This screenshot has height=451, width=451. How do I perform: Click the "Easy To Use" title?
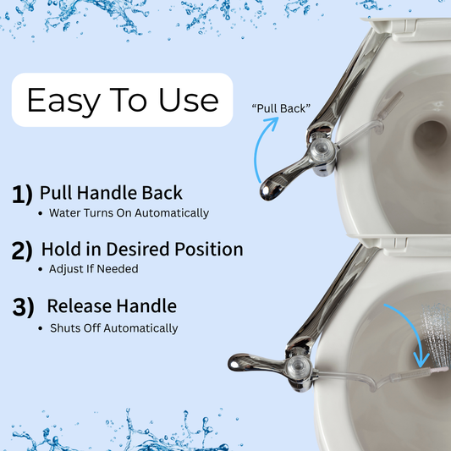(x=123, y=100)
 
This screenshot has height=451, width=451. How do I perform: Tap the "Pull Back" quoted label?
(x=281, y=108)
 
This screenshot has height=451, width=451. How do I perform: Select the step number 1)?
(x=22, y=195)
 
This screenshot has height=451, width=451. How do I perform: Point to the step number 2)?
(x=22, y=250)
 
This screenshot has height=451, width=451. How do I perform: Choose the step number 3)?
(x=24, y=307)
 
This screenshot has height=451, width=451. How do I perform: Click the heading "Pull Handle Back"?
(x=111, y=193)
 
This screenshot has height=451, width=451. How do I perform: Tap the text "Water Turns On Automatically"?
(x=129, y=213)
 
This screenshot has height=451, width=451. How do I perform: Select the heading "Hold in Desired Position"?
(x=142, y=249)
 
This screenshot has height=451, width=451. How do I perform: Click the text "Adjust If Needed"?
(x=93, y=269)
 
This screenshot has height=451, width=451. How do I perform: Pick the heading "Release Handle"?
(x=112, y=305)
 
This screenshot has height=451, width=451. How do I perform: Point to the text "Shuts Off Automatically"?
(x=114, y=328)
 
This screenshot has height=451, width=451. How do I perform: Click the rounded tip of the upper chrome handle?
(x=267, y=190)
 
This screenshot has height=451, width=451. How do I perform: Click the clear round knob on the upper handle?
(x=322, y=150)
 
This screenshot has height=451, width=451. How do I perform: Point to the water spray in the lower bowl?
(x=437, y=335)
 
